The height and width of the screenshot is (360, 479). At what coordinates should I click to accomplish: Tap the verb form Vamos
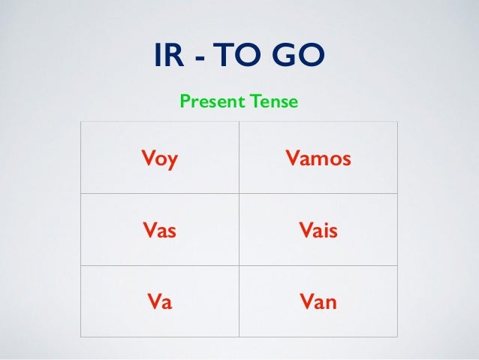click(x=318, y=159)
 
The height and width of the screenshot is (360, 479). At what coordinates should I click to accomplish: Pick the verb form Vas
click(x=158, y=231)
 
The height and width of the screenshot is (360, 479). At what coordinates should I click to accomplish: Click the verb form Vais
click(x=318, y=231)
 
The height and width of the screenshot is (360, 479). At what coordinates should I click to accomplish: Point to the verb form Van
click(x=318, y=303)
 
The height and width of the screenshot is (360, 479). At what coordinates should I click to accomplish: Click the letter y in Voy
click(x=173, y=162)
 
